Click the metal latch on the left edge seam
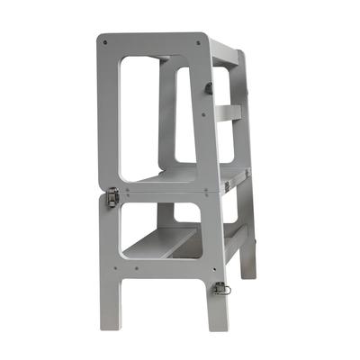pyautogui.click(x=112, y=196)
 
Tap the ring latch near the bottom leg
pyautogui.click(x=219, y=289)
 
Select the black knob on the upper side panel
pyautogui.click(x=209, y=87)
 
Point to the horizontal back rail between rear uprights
pyautogui.click(x=229, y=112)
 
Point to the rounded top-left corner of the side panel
pyautogui.click(x=101, y=39)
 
